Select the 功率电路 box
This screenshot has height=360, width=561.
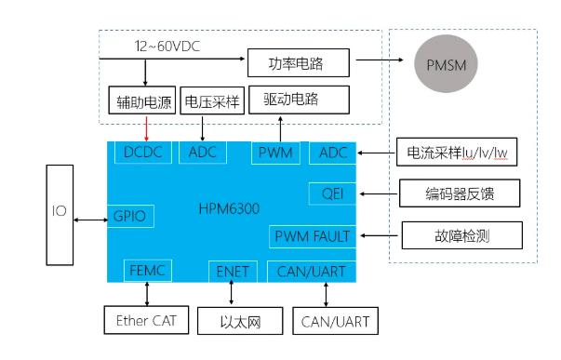pos(300,63)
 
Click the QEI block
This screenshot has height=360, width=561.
pos(331,193)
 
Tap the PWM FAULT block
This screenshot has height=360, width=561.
pos(312,235)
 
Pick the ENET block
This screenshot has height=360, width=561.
pos(233,271)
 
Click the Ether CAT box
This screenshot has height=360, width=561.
pos(144,322)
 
